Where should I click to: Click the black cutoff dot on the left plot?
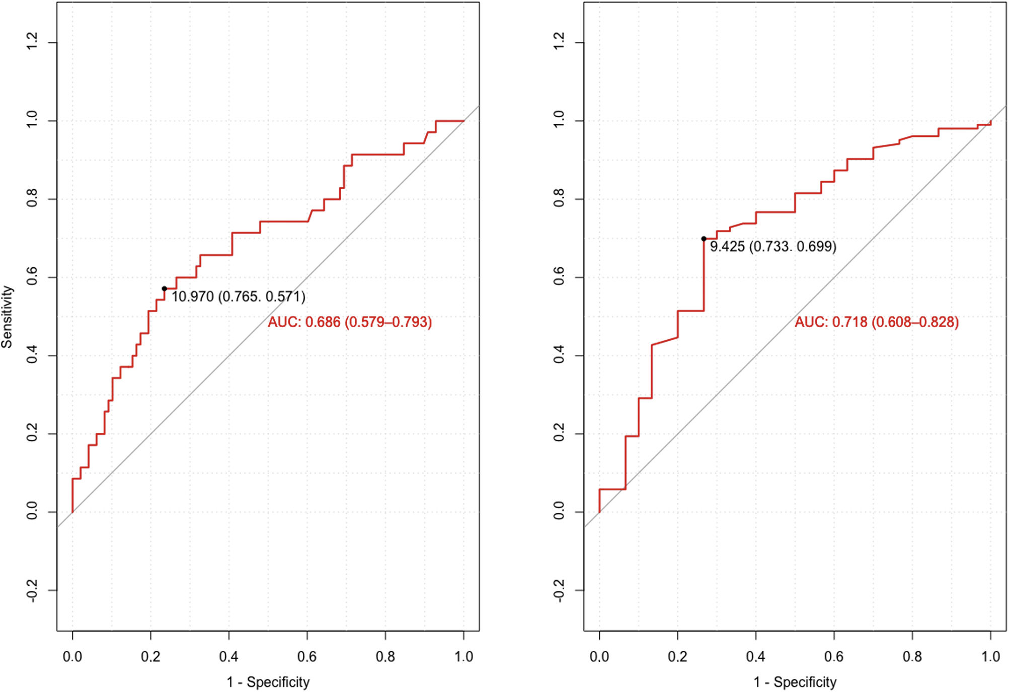164,289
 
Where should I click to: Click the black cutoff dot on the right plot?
704,239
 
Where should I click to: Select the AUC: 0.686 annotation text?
349,322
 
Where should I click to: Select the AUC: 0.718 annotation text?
876,322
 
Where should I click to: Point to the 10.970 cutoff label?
238,296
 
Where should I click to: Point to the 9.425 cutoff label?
772,247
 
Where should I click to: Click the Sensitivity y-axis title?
7,317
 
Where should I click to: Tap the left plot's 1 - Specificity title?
268,682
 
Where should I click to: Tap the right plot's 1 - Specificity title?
795,682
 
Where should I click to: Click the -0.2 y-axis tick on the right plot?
559,590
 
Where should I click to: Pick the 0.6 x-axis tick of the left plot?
307,656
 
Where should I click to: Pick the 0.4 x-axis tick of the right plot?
755,656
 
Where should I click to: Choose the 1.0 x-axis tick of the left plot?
463,656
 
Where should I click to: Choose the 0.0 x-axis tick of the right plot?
599,656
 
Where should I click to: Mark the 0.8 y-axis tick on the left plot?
32,198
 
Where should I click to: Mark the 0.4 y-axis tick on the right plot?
559,355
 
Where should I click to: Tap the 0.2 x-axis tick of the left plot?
150,656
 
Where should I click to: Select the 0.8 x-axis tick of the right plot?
912,656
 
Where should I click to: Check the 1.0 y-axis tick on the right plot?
559,120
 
